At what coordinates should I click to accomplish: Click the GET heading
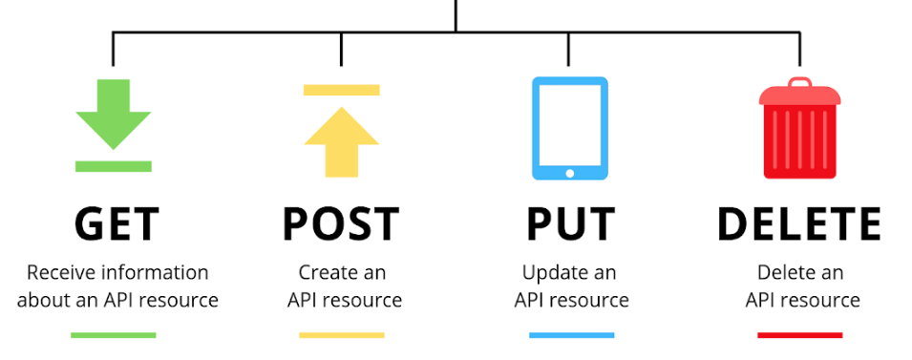pos(116,224)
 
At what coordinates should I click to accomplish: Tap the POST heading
pos(341,224)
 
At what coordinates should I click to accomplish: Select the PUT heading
pos(570,224)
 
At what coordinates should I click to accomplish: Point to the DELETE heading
pos(799,224)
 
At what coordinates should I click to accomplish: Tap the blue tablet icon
pos(570,127)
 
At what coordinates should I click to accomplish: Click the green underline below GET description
pos(114,335)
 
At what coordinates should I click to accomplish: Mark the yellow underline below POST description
pos(341,335)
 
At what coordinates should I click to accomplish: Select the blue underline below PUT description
pos(571,335)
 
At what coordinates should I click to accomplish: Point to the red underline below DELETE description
pos(800,335)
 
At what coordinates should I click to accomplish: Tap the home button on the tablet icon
pos(570,173)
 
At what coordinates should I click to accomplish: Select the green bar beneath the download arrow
pos(114,166)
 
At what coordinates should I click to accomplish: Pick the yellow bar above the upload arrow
pos(341,90)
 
